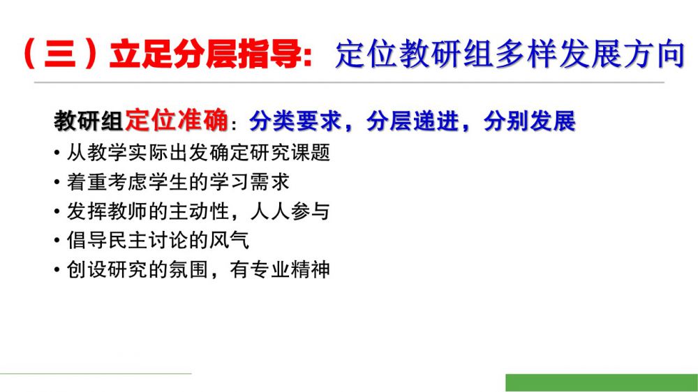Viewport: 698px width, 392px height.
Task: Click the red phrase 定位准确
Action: click(x=177, y=120)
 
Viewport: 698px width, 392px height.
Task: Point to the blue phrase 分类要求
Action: click(x=295, y=121)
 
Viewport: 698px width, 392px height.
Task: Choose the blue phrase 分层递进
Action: click(x=413, y=121)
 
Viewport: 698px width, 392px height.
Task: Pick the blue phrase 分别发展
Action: click(x=529, y=121)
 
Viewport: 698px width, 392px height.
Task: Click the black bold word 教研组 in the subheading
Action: click(x=89, y=121)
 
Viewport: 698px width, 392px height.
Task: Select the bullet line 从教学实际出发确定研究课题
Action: click(x=198, y=153)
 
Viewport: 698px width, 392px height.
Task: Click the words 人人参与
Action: click(x=290, y=211)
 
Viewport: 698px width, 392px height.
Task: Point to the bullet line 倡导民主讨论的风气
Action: click(x=158, y=241)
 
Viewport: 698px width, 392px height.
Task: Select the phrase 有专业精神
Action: click(x=280, y=270)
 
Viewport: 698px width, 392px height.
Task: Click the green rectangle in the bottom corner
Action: click(x=602, y=383)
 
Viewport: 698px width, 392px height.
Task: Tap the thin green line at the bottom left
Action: click(x=96, y=373)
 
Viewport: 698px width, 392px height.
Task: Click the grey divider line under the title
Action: click(x=349, y=82)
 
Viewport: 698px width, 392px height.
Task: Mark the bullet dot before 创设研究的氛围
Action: click(x=57, y=270)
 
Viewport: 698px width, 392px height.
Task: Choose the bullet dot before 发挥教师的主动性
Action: click(x=57, y=212)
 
